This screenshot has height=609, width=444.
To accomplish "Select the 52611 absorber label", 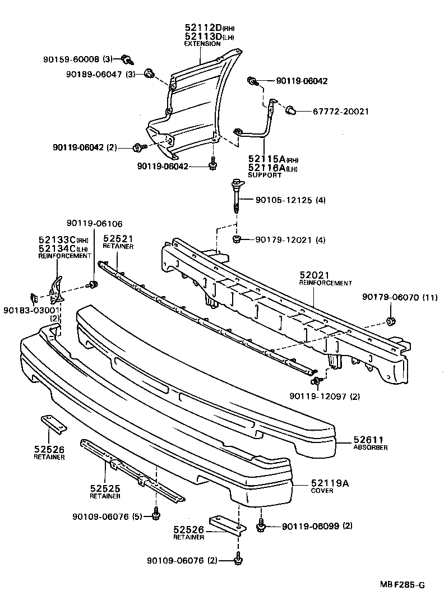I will [367, 440].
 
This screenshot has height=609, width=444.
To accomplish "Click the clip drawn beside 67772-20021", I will [292, 110].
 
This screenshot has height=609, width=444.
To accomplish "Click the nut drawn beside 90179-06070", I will [388, 321].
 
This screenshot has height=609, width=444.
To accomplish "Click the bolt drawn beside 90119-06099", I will [261, 526].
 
